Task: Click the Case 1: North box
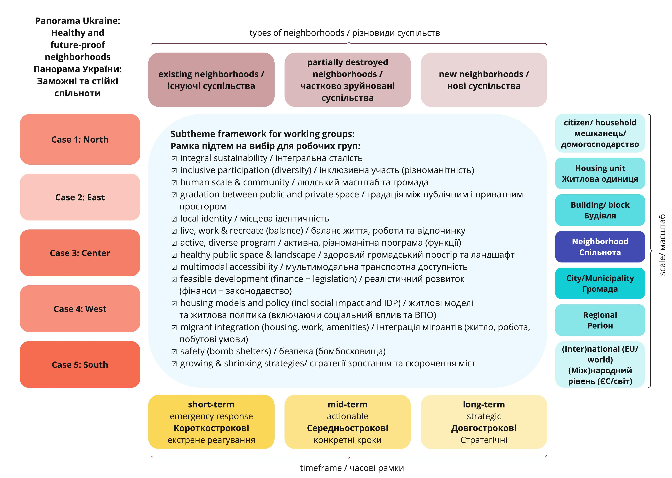[80, 139]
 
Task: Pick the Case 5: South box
[80, 364]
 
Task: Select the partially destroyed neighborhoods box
[347, 80]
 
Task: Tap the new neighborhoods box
[484, 80]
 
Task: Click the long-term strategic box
[484, 422]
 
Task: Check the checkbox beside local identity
[174, 219]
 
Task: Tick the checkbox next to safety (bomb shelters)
[174, 352]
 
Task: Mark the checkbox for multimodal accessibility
[174, 267]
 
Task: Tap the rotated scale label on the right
[662, 245]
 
